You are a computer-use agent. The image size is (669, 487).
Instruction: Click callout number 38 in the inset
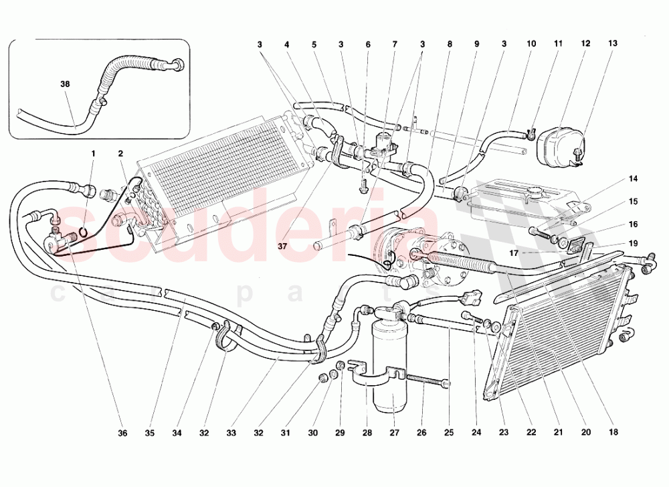(x=66, y=85)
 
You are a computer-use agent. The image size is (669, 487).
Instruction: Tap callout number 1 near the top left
(x=94, y=153)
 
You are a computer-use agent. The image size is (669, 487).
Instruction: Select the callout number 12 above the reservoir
(x=585, y=44)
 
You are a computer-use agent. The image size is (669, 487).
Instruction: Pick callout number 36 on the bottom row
(x=122, y=433)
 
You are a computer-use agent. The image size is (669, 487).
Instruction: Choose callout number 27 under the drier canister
(x=393, y=433)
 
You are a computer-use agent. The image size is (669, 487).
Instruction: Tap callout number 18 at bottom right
(x=613, y=433)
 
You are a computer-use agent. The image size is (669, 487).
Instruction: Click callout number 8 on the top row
(x=450, y=44)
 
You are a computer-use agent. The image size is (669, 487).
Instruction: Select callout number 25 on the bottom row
(x=448, y=433)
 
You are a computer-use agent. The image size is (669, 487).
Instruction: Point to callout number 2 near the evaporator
(x=121, y=153)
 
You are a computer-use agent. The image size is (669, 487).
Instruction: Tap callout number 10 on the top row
(x=531, y=44)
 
